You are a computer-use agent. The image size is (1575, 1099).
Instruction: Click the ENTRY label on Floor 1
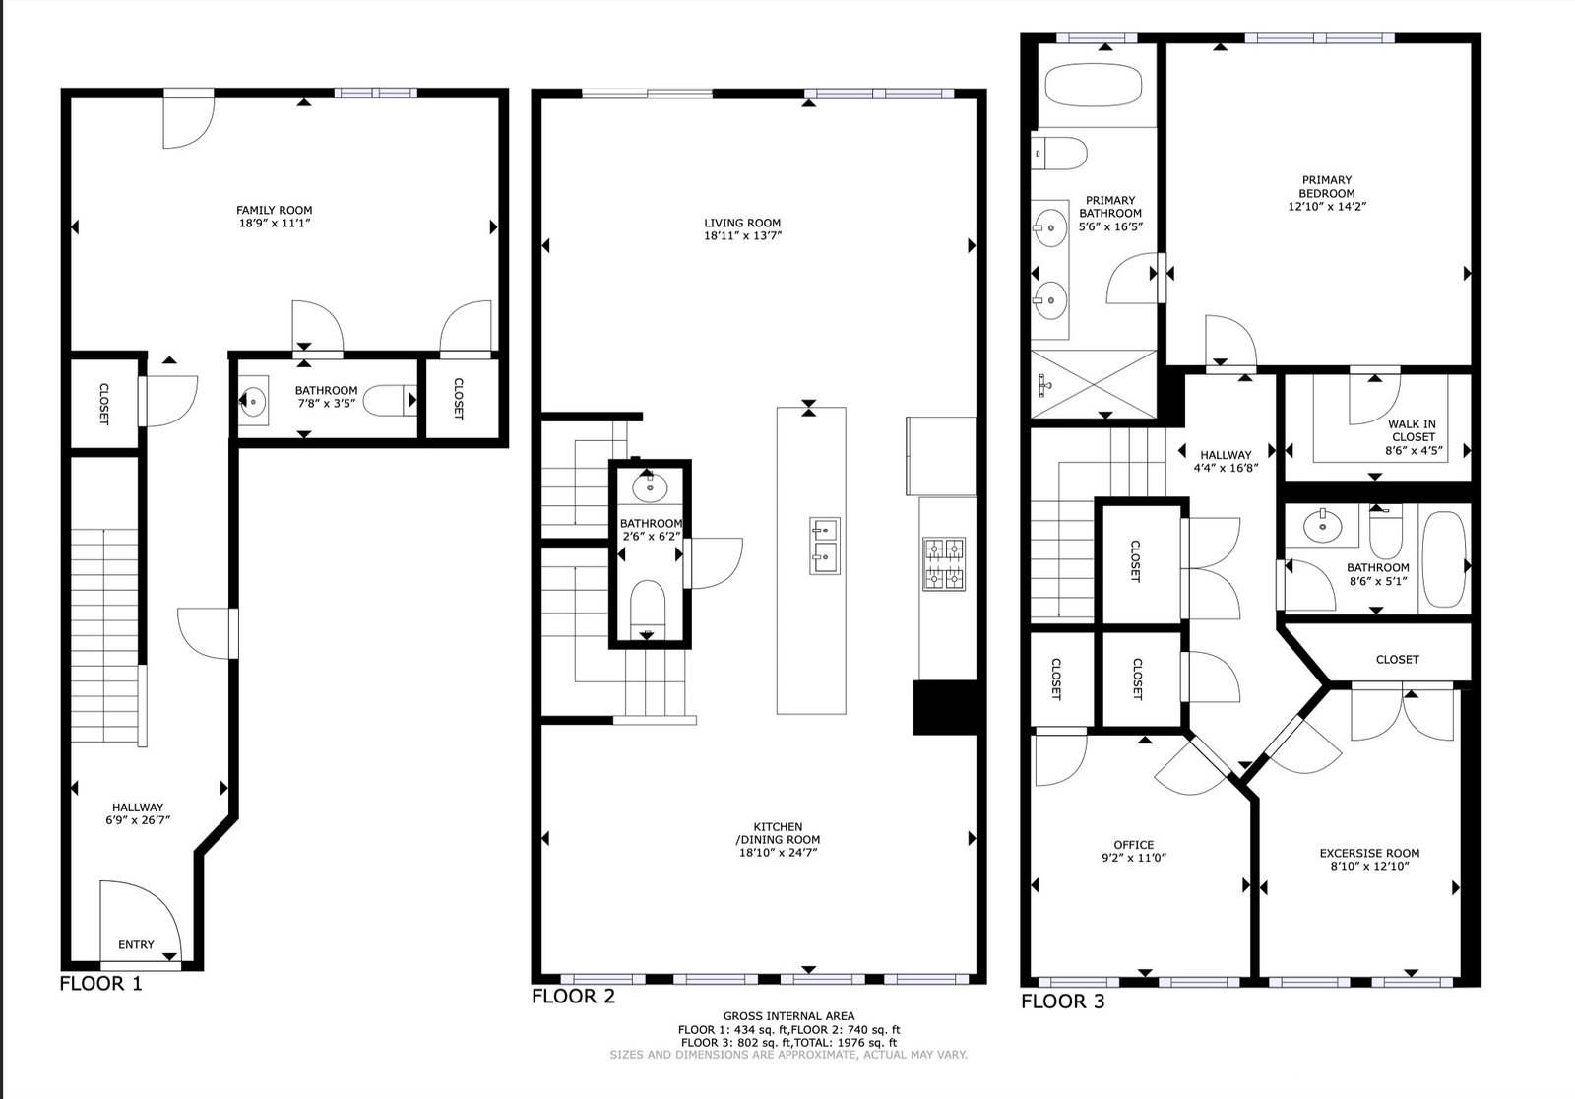coord(136,945)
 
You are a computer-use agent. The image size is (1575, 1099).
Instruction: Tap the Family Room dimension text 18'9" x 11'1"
coord(275,223)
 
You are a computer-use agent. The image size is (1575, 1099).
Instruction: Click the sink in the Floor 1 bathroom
coord(253,401)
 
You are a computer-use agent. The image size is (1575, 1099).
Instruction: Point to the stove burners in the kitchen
coord(944,563)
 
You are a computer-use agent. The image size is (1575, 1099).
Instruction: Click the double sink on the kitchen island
coord(825,546)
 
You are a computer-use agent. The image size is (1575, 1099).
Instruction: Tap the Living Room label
coord(742,223)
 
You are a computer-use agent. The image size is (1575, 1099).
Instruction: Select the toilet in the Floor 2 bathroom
coord(647,610)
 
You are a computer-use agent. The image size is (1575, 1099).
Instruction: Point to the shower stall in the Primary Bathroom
coord(1094,384)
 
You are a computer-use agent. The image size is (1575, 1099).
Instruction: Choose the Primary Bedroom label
coord(1327,186)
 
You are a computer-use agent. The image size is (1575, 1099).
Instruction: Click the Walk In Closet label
coord(1413,430)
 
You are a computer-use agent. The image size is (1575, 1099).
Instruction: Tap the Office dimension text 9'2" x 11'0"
coord(1134,858)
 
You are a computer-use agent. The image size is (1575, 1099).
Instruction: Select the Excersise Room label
coord(1369,853)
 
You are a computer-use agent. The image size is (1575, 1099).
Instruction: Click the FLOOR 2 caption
coord(573,997)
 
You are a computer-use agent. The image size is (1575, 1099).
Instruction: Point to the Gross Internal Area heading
coord(788,1016)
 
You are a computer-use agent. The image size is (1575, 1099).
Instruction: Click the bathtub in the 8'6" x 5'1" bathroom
coord(1443,559)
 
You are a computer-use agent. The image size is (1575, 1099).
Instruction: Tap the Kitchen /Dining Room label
coord(778,833)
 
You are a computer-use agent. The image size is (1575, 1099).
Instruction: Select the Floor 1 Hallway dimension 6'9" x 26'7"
coord(138,819)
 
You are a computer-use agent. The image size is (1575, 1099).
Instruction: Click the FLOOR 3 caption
coord(1062,1002)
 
